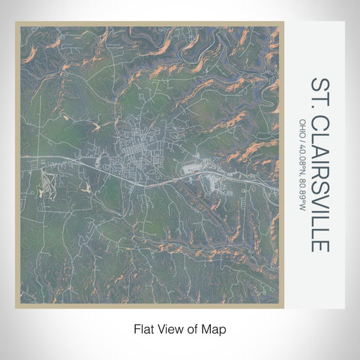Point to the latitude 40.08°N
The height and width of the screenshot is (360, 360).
(x=303, y=159)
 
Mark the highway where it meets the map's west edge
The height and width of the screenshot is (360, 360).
(x=22, y=155)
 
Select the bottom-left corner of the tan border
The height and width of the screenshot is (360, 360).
(x=16, y=307)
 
